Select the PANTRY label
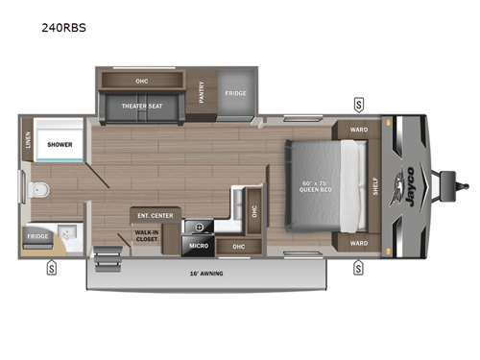202,92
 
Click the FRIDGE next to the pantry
235,93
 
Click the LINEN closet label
26,147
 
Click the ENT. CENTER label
155,215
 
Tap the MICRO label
199,247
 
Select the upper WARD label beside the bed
357,131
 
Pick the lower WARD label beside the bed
357,243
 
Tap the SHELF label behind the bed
374,186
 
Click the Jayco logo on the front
410,180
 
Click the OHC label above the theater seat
140,80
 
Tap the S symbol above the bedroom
358,104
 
